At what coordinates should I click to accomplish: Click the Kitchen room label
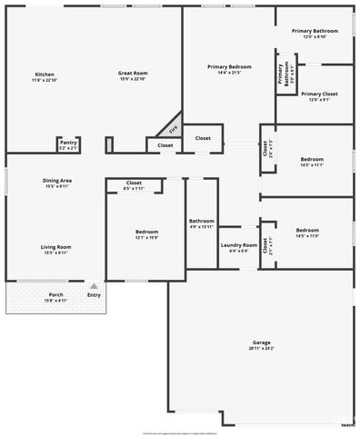pyautogui.click(x=44, y=74)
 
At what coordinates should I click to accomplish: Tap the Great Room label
pyautogui.click(x=133, y=74)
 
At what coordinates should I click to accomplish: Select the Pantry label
pyautogui.click(x=68, y=142)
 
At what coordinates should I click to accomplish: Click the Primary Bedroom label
pyautogui.click(x=229, y=66)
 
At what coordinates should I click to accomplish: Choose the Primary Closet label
pyautogui.click(x=319, y=94)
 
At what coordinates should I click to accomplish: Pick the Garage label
pyautogui.click(x=262, y=342)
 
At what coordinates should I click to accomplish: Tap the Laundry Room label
pyautogui.click(x=238, y=244)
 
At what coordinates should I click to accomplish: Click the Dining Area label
pyautogui.click(x=57, y=181)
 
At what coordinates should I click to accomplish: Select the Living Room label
pyautogui.click(x=55, y=247)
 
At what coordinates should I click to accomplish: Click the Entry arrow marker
pyautogui.click(x=93, y=285)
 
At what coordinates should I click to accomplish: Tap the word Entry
pyautogui.click(x=94, y=294)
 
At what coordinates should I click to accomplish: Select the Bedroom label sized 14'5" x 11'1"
pyautogui.click(x=311, y=160)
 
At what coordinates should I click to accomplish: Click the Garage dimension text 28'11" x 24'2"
pyautogui.click(x=262, y=349)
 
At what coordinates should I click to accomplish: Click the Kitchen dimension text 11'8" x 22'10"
pyautogui.click(x=44, y=81)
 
